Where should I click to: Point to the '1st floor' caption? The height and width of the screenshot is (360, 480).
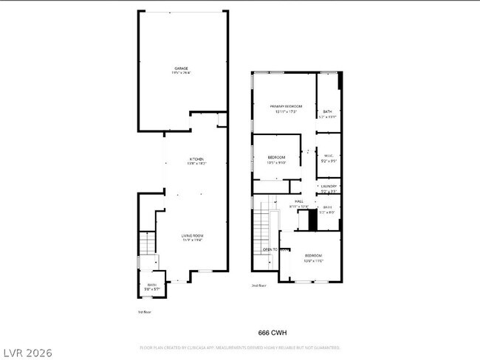(145, 312)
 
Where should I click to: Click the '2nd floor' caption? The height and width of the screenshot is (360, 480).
(258, 285)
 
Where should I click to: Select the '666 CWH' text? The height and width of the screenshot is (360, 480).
(273, 332)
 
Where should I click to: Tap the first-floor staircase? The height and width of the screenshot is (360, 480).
(146, 243)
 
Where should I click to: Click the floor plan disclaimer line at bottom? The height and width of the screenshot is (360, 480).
(240, 347)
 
